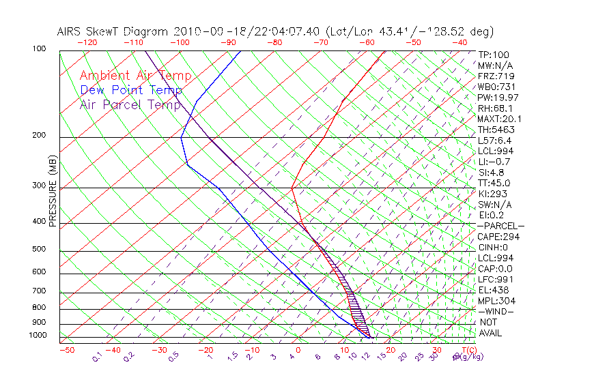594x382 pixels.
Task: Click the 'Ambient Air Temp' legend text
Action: (135, 76)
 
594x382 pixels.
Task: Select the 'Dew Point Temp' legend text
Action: (131, 90)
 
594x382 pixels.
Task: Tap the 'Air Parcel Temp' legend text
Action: (130, 104)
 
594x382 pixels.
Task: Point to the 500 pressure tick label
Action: (39, 250)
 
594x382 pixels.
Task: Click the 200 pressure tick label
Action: (39, 136)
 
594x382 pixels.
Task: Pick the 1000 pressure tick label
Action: (37, 336)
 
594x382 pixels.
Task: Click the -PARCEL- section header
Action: (500, 226)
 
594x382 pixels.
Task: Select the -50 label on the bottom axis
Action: (66, 350)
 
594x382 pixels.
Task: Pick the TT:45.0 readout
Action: (494, 183)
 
